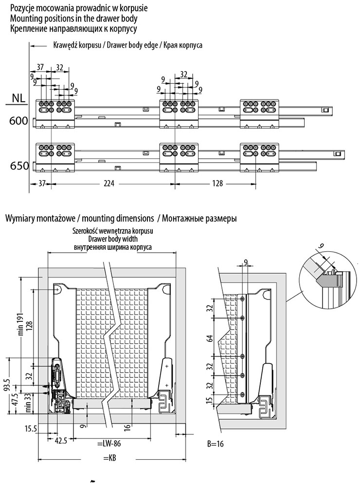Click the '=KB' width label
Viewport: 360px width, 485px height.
pyautogui.click(x=109, y=457)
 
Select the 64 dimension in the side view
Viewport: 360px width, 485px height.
pyautogui.click(x=211, y=338)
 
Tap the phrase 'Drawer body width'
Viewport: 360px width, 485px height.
pyautogui.click(x=113, y=239)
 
